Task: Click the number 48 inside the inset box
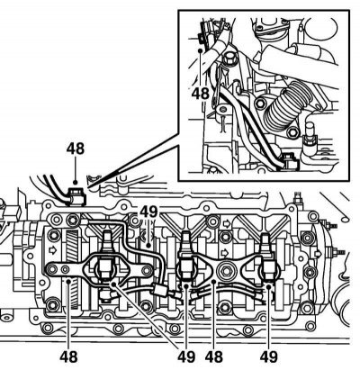tap(201, 94)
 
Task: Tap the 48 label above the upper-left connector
tap(76, 149)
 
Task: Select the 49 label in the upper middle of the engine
tap(148, 212)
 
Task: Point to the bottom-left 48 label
tap(68, 356)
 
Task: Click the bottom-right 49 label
tap(269, 356)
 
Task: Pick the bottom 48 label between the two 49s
tap(214, 356)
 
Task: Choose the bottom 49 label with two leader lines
tap(186, 356)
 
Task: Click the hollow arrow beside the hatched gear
tap(53, 250)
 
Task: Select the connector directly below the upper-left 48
tap(76, 195)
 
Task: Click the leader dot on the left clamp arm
tap(68, 281)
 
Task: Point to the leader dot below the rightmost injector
tap(268, 287)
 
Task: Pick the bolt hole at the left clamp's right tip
tap(147, 271)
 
